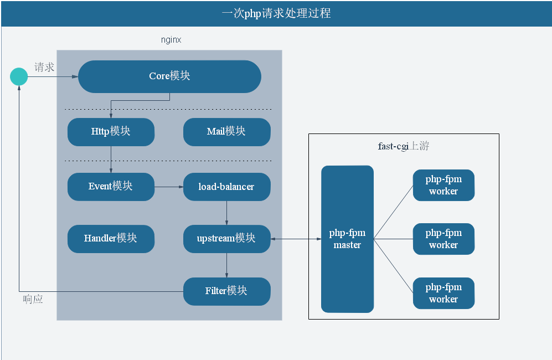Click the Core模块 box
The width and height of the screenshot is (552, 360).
(169, 76)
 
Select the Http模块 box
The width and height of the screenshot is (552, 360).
(111, 132)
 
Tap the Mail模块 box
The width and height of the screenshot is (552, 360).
(226, 132)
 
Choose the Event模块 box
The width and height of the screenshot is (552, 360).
(111, 187)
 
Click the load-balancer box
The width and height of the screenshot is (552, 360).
(226, 187)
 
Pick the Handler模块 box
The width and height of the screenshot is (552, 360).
(111, 239)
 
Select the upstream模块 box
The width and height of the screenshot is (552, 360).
(226, 239)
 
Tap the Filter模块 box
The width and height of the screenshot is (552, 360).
(226, 291)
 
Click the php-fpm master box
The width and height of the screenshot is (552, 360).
(347, 239)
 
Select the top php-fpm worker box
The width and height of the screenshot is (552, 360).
(443, 186)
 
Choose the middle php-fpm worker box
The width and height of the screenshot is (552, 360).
(443, 239)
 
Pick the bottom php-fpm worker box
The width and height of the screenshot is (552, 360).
(443, 293)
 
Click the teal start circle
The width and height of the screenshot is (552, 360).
(19, 76)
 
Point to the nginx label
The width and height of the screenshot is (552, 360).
(171, 40)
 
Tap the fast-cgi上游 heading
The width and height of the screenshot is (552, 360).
(404, 146)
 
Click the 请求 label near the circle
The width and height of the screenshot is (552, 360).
(44, 67)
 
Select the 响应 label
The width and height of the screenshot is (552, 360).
(33, 300)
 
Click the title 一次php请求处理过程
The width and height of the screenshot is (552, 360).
(276, 13)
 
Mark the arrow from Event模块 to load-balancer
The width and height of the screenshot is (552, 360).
(169, 187)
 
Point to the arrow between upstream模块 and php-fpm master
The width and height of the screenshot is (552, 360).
(296, 239)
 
